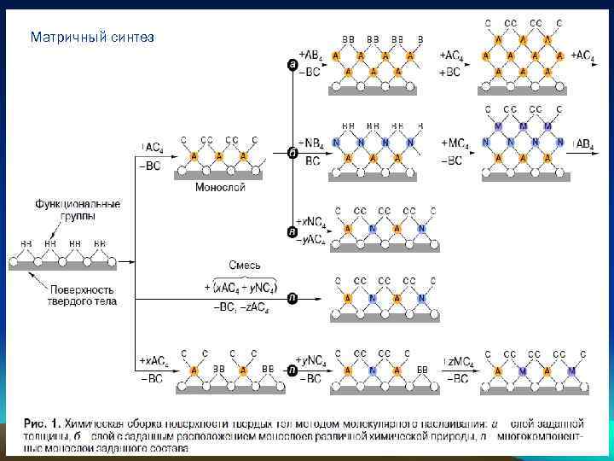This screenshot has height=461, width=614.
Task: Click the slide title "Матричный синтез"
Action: [x=92, y=38]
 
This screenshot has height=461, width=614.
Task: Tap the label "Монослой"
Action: [x=220, y=187]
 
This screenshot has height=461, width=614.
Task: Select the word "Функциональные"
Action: [x=78, y=205]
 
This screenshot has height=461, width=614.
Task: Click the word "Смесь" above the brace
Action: [x=244, y=265]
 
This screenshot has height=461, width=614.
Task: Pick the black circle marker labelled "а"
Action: [x=293, y=64]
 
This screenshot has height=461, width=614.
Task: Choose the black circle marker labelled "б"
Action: [x=293, y=152]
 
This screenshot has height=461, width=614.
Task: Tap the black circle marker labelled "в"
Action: [x=293, y=232]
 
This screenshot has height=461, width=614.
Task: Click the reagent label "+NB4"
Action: [x=310, y=142]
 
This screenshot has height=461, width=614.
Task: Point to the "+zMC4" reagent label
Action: [x=457, y=362]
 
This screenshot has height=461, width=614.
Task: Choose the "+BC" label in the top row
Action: [x=450, y=73]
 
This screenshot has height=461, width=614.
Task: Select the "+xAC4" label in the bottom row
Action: [x=155, y=362]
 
